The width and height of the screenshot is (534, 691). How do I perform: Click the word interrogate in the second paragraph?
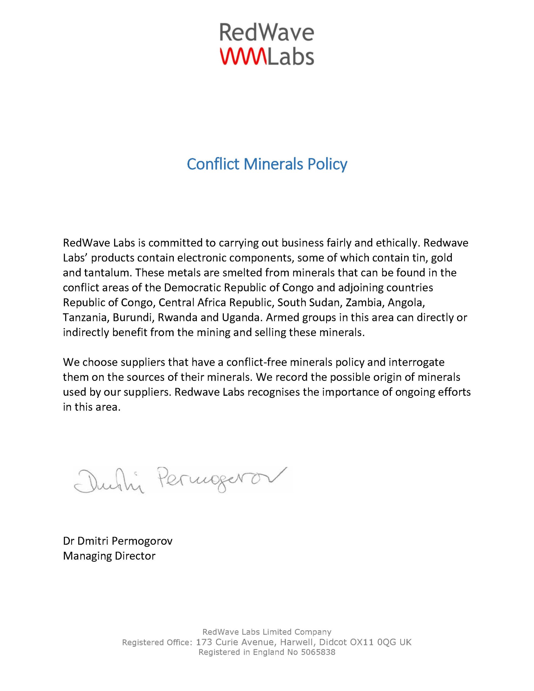pyautogui.click(x=416, y=362)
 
